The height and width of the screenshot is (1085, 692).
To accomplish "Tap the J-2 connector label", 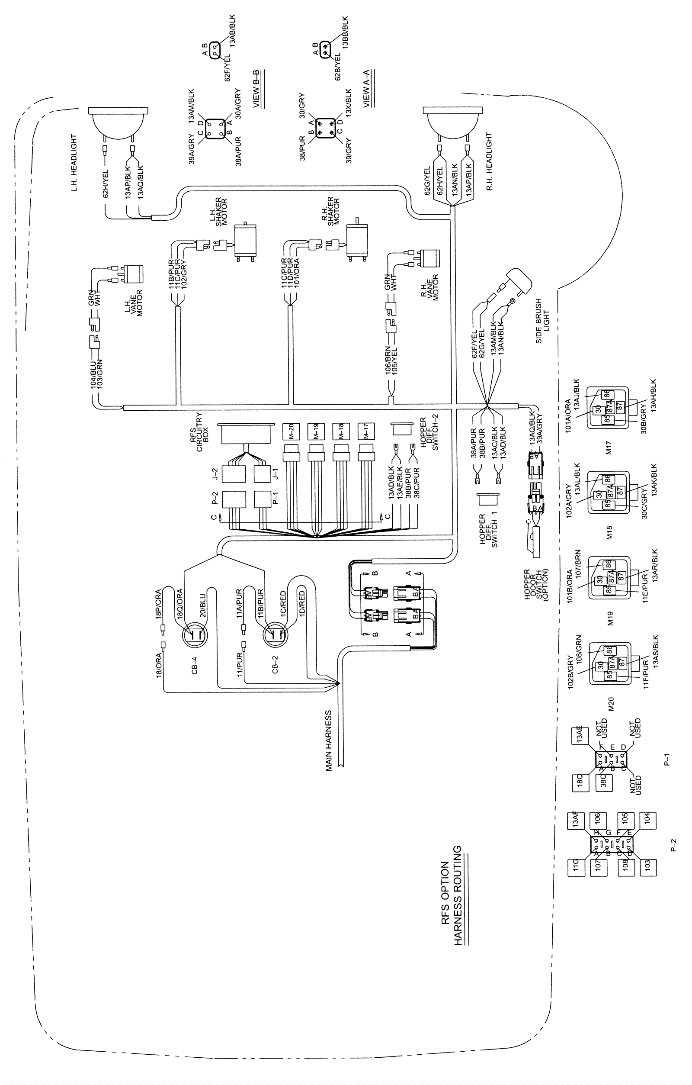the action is pyautogui.click(x=215, y=474).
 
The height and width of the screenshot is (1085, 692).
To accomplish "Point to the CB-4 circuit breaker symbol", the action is pyautogui.click(x=195, y=636).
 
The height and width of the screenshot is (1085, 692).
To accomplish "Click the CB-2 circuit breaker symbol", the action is pyautogui.click(x=275, y=636).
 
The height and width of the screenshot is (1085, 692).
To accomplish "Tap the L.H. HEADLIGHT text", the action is pyautogui.click(x=74, y=162).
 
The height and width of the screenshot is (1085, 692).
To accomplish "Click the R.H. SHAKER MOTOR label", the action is pyautogui.click(x=333, y=211).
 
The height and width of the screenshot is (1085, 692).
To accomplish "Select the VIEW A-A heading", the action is pyautogui.click(x=366, y=88).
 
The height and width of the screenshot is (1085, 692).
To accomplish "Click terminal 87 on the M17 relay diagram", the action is pyautogui.click(x=620, y=406).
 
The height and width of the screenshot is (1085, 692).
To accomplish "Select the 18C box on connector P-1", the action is pyautogui.click(x=580, y=780).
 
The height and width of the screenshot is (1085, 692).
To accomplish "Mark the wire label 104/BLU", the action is pyautogui.click(x=93, y=374).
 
